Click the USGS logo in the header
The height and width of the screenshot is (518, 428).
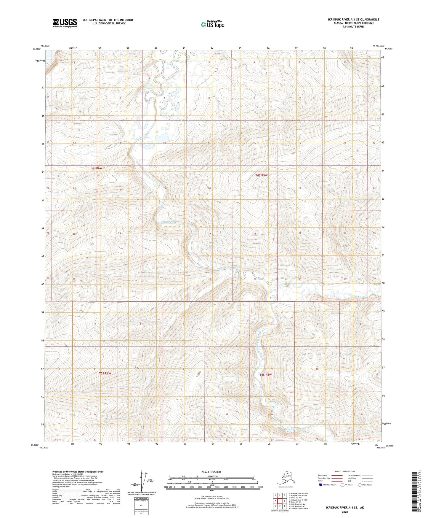click(x=65, y=23)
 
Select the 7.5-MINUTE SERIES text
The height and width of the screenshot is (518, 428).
click(x=353, y=27)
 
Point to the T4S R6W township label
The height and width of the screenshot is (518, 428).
click(x=96, y=168)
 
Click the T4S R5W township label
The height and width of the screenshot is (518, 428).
click(x=261, y=175)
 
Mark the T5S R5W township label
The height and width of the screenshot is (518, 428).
click(x=265, y=375)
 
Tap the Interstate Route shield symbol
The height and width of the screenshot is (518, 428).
click(x=321, y=485)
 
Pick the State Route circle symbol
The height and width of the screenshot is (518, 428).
click(x=360, y=485)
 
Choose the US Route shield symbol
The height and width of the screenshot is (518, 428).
click(x=342, y=485)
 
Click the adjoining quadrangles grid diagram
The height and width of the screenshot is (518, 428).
click(x=280, y=501)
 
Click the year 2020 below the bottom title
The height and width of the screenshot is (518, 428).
click(x=345, y=512)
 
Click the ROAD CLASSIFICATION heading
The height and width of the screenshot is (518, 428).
click(x=345, y=471)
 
